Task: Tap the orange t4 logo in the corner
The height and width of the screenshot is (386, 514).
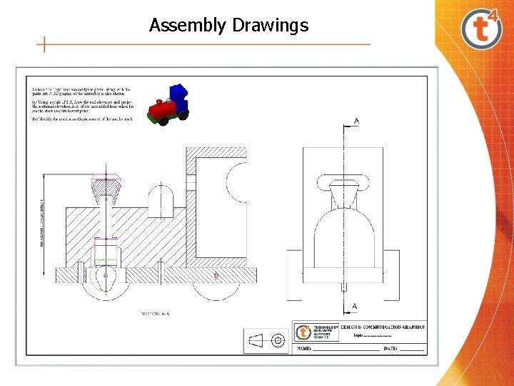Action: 483,28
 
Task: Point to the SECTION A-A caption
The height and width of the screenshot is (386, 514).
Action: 154,314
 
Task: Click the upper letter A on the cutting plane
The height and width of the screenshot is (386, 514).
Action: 356,122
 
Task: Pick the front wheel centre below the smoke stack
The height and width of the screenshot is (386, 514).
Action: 106,275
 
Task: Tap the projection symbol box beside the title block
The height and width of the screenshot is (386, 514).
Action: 266,341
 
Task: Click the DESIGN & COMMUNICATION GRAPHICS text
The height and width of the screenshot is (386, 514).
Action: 382,327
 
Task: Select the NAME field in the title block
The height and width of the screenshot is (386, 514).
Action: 336,349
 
